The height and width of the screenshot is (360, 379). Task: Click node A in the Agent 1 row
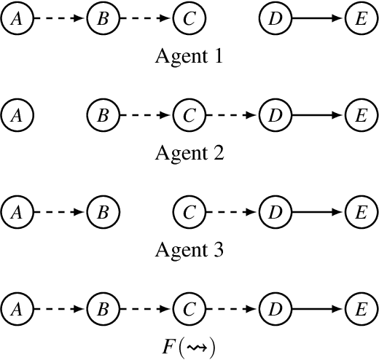point(17,18)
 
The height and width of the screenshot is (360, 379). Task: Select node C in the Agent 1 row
point(189,18)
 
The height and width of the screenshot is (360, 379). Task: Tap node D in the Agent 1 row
point(275,18)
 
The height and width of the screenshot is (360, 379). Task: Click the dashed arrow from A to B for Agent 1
point(60,18)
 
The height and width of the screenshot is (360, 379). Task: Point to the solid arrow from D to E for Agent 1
point(318,18)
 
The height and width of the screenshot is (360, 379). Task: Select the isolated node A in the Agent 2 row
point(17,115)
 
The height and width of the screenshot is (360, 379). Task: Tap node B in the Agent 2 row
point(103,115)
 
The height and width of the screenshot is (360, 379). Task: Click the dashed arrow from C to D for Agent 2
point(232,115)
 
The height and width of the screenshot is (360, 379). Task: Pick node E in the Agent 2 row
point(361,115)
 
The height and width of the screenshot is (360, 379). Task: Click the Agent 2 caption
point(189,154)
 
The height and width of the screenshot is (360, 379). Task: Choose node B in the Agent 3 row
point(103,212)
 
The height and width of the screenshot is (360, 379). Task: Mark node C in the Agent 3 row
point(189,212)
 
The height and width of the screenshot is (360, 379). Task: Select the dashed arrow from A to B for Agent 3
point(60,212)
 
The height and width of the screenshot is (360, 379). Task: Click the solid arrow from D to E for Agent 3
point(318,212)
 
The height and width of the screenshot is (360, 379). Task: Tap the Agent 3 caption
point(189,251)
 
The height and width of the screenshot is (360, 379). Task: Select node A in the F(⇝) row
point(17,309)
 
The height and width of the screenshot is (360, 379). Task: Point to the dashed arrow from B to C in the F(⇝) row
point(146,309)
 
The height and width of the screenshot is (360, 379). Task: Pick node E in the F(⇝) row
point(361,309)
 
